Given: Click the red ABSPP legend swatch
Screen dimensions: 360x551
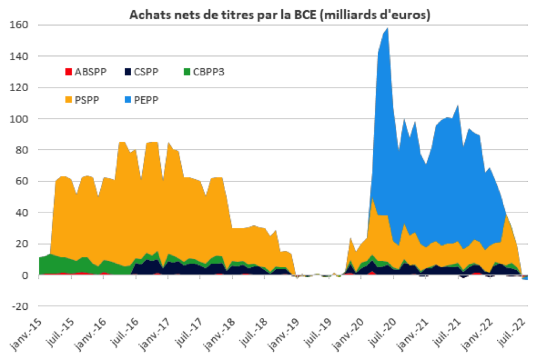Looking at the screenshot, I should point(69,72).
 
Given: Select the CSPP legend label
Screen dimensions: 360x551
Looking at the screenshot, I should point(145,72).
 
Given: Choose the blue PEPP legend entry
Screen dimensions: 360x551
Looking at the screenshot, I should point(145,100).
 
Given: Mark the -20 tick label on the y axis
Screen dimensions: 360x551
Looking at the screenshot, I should point(21,307).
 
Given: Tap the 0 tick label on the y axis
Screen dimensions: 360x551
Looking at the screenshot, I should point(26,275).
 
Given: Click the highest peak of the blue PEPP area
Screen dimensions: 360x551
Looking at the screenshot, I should point(388,29).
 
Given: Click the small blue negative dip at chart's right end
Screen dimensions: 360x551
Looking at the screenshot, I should point(526,278).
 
